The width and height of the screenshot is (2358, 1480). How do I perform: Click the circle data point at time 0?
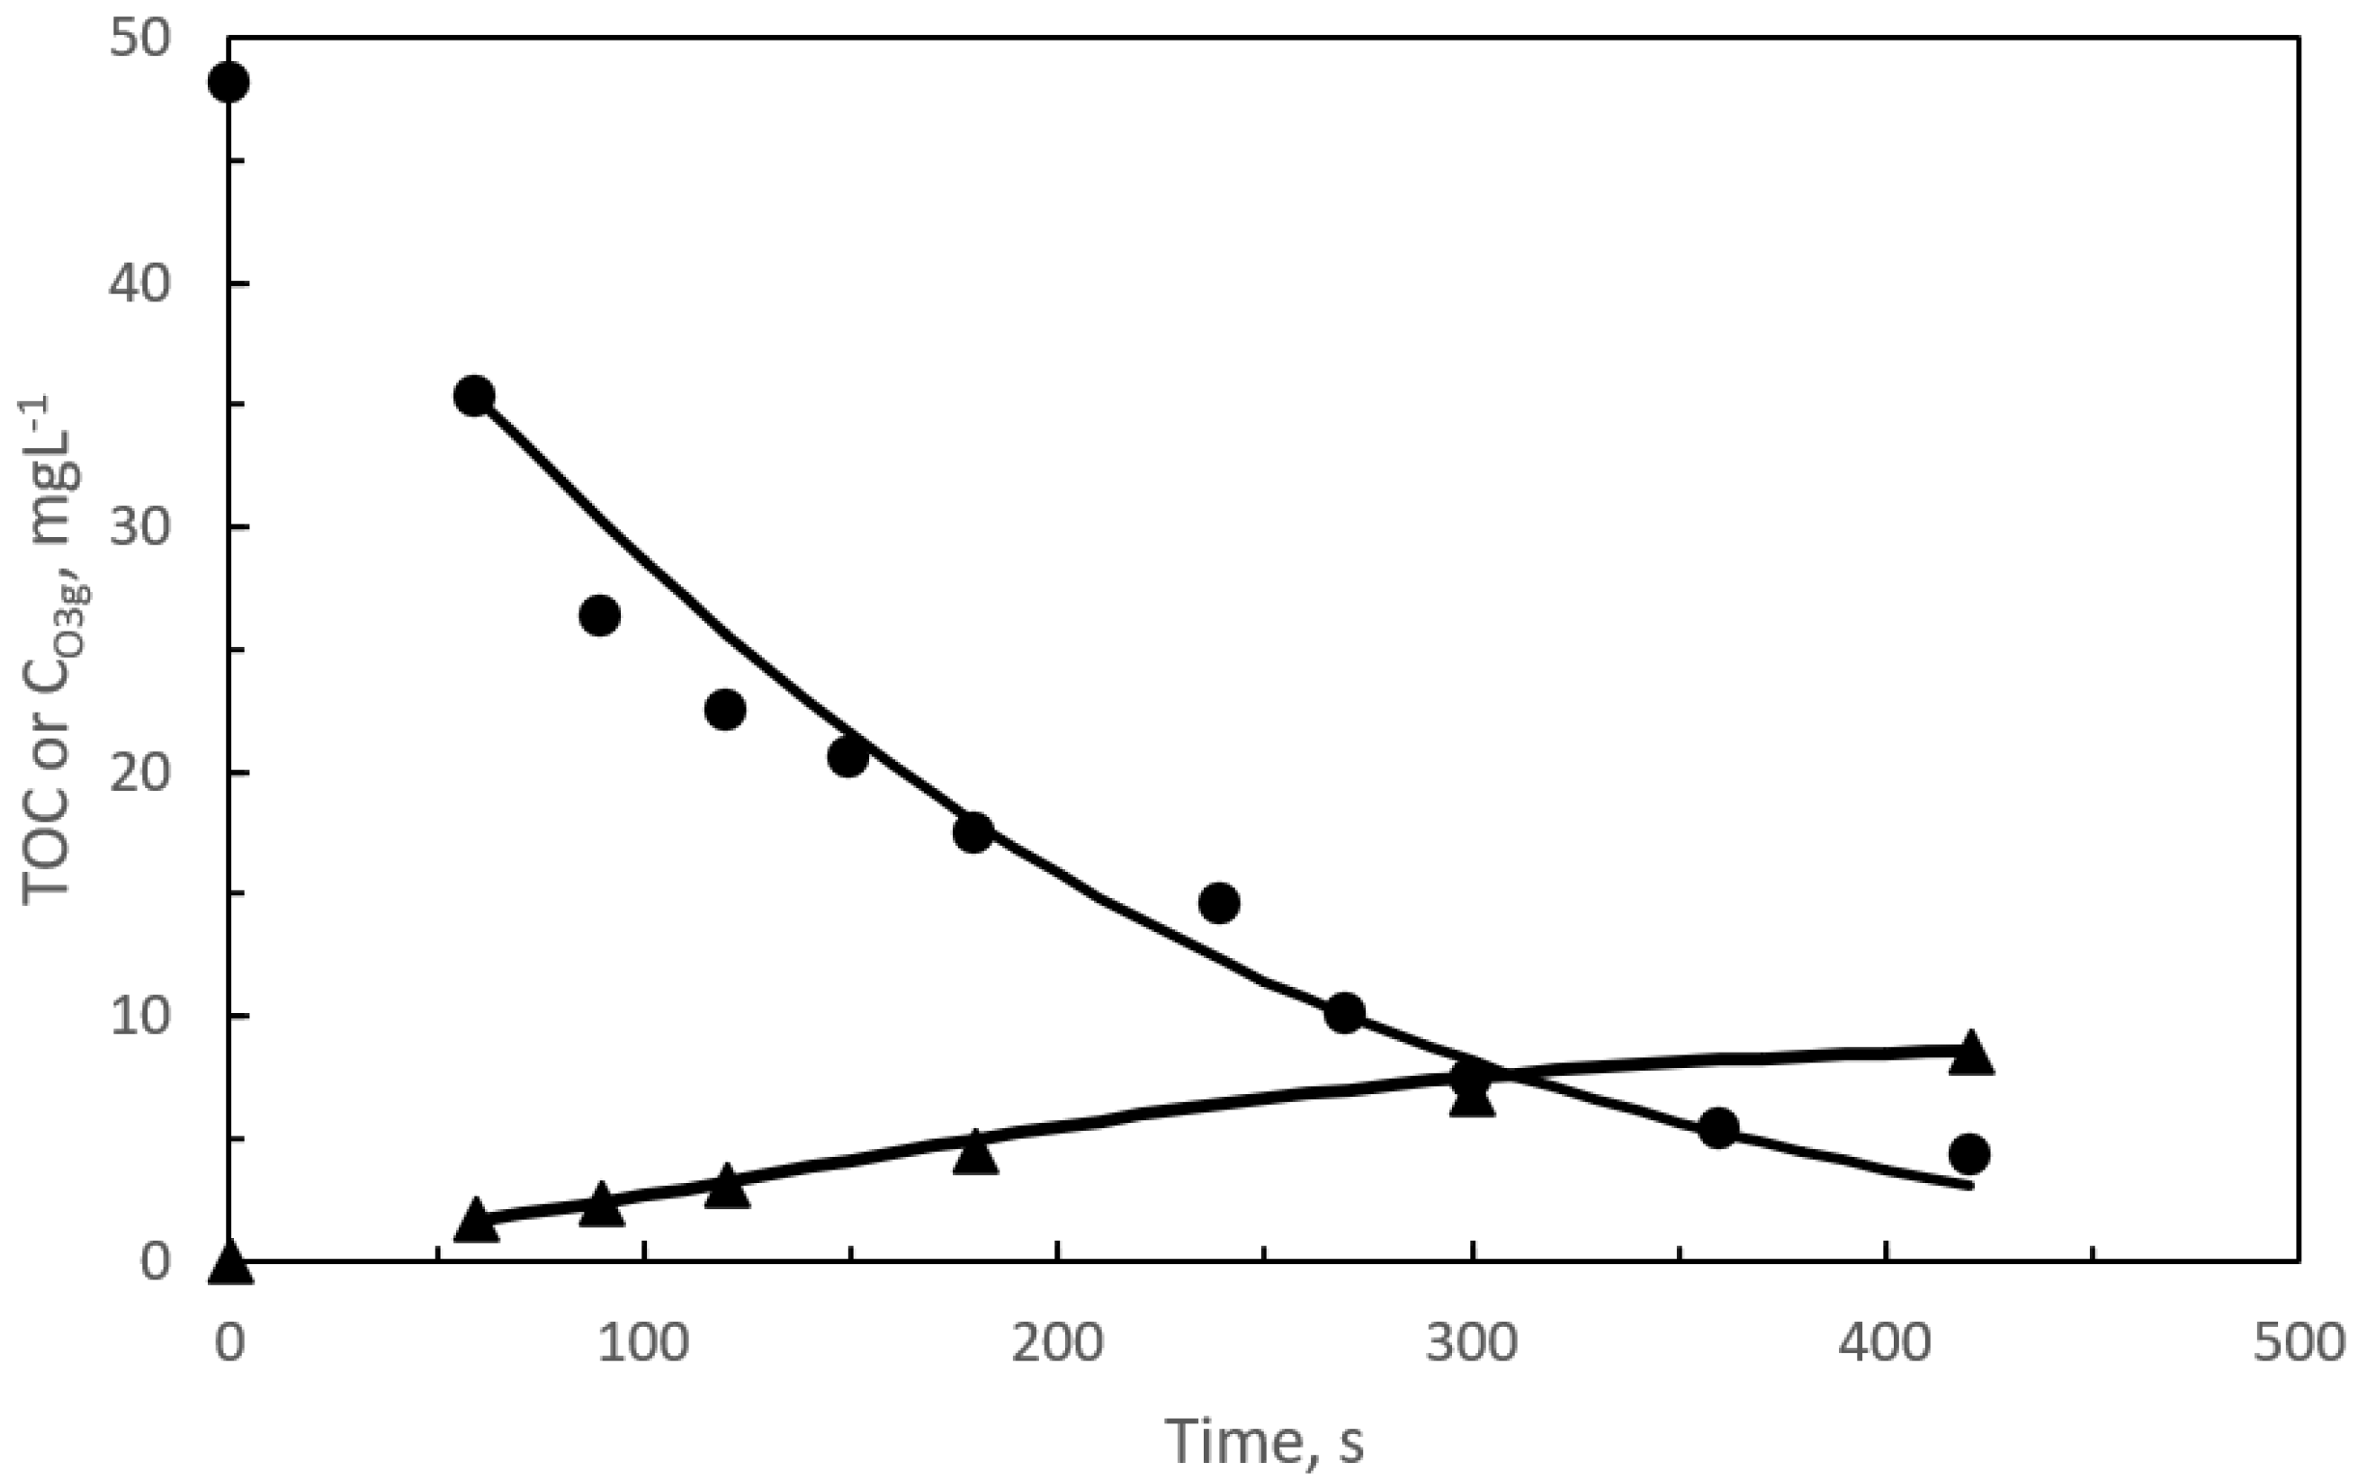pos(229,81)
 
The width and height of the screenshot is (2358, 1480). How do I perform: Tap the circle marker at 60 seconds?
pos(475,396)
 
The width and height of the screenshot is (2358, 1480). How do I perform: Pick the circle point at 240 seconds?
pos(1219,902)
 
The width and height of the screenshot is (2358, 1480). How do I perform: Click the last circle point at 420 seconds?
pos(1969,1154)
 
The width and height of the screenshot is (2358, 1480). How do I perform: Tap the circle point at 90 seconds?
pos(600,615)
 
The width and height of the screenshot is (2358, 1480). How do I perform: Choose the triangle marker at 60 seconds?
pos(476,1221)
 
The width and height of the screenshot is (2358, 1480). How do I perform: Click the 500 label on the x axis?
pos(2299,1342)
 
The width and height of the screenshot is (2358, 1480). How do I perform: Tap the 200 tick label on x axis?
pos(1057,1342)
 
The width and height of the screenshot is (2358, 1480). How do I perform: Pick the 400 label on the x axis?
pos(1885,1342)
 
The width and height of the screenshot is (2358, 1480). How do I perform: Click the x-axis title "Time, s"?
pos(1263,1440)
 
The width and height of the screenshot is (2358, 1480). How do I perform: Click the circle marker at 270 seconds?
pos(1344,1013)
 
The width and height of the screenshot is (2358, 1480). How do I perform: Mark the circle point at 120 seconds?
pos(724,709)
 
